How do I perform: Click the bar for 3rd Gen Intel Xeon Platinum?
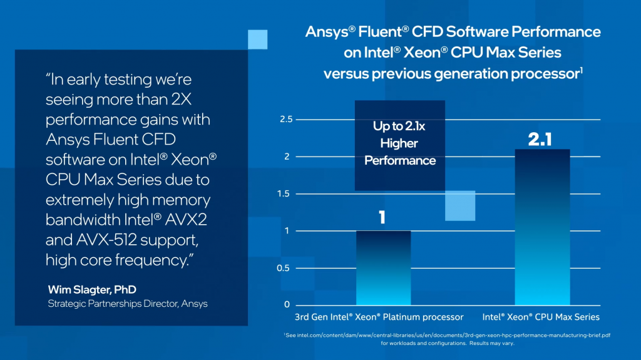[383, 268]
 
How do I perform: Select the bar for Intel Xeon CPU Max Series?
[542, 227]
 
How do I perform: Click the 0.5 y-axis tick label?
[284, 268]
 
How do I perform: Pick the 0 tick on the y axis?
[287, 305]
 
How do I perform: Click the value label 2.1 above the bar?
[540, 140]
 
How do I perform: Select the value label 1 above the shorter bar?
[382, 217]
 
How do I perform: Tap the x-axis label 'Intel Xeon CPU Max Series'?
[541, 317]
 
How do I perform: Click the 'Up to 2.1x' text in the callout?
[400, 126]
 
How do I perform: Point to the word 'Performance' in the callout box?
[400, 161]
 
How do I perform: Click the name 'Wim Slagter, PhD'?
[91, 290]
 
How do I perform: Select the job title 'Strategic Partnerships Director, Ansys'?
[128, 304]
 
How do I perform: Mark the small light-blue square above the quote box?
[258, 39]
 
